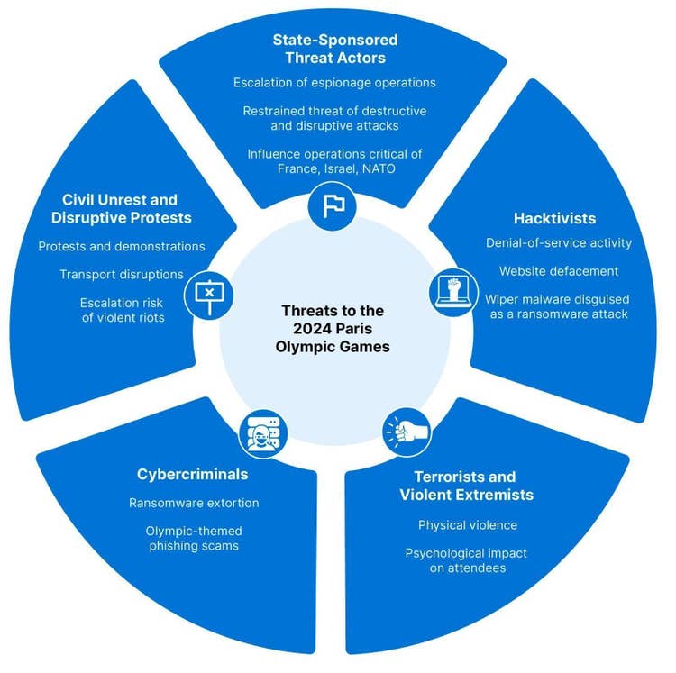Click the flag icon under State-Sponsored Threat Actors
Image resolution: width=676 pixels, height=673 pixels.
(333, 205)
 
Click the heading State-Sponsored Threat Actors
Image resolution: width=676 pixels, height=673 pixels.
(334, 49)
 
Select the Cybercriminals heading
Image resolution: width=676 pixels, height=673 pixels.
(193, 474)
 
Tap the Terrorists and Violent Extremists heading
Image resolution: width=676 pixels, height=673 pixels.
(466, 486)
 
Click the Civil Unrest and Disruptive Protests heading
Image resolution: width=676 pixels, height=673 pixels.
(121, 208)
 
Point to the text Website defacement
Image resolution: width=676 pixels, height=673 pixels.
(559, 271)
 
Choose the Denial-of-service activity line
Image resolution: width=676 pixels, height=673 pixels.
(559, 243)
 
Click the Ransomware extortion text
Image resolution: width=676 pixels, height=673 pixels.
(194, 503)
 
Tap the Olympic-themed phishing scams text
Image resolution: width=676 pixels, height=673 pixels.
(194, 539)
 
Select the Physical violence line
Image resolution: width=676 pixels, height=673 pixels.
(467, 524)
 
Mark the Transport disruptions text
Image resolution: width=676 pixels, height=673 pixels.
(122, 274)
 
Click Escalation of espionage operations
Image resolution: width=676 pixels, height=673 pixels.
(334, 83)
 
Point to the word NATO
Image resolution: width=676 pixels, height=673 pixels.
(380, 168)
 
